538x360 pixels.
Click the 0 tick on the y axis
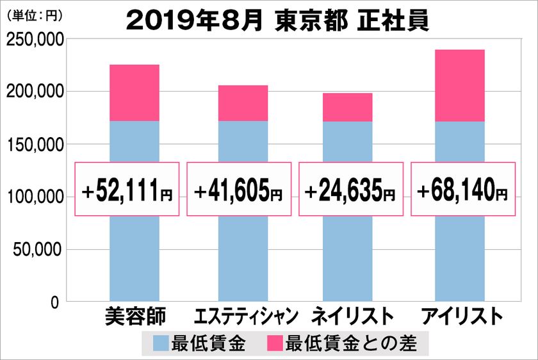click(x=56, y=301)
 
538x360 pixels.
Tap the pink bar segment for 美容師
click(x=134, y=93)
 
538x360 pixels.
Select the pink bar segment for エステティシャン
click(x=243, y=103)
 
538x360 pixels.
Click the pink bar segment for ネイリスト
click(x=347, y=108)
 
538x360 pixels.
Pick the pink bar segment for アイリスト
click(x=459, y=85)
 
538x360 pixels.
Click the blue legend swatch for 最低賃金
click(x=162, y=344)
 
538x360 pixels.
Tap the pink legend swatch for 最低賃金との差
click(x=275, y=344)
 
